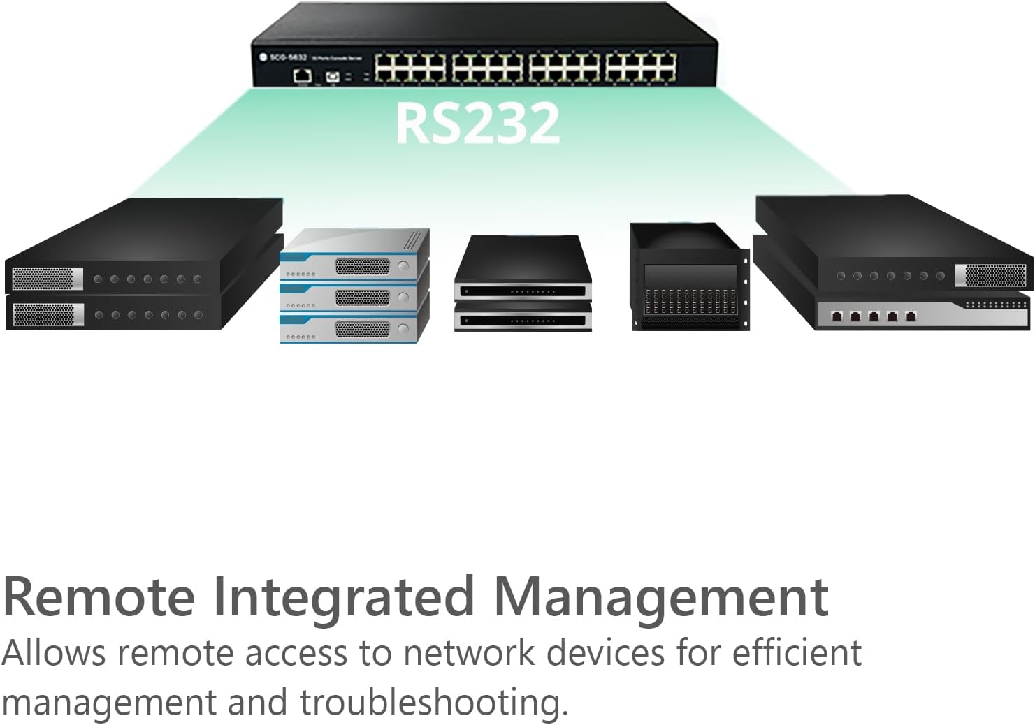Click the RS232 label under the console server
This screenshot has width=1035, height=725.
pyautogui.click(x=477, y=123)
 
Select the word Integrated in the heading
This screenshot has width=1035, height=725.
pyautogui.click(x=343, y=598)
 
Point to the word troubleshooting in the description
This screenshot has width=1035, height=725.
pyautogui.click(x=433, y=703)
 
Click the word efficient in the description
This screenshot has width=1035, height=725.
pyautogui.click(x=796, y=652)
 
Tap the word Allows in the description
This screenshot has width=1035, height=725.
pyautogui.click(x=53, y=654)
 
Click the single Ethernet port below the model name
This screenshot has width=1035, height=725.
pyautogui.click(x=302, y=75)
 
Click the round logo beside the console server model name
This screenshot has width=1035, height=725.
pyautogui.click(x=263, y=57)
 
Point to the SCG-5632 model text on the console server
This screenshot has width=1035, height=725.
pyautogui.click(x=288, y=57)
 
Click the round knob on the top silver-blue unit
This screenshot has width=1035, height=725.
pyautogui.click(x=403, y=267)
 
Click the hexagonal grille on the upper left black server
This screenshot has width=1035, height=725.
pyautogui.click(x=43, y=279)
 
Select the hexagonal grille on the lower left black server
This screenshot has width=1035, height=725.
pyautogui.click(x=43, y=314)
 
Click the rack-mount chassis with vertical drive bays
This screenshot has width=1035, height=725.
pyautogui.click(x=689, y=279)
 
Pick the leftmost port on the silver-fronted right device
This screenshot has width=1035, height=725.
pyautogui.click(x=835, y=316)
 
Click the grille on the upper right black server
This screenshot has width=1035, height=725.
pyautogui.click(x=994, y=275)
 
